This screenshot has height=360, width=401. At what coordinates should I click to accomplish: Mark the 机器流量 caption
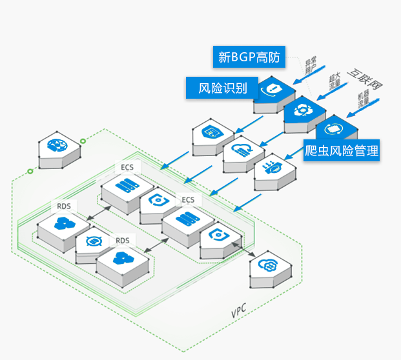coord(365,102)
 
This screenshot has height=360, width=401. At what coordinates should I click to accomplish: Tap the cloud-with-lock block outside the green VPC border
coord(267,266)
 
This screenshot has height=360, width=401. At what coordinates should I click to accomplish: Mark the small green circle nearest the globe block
coord(83,142)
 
